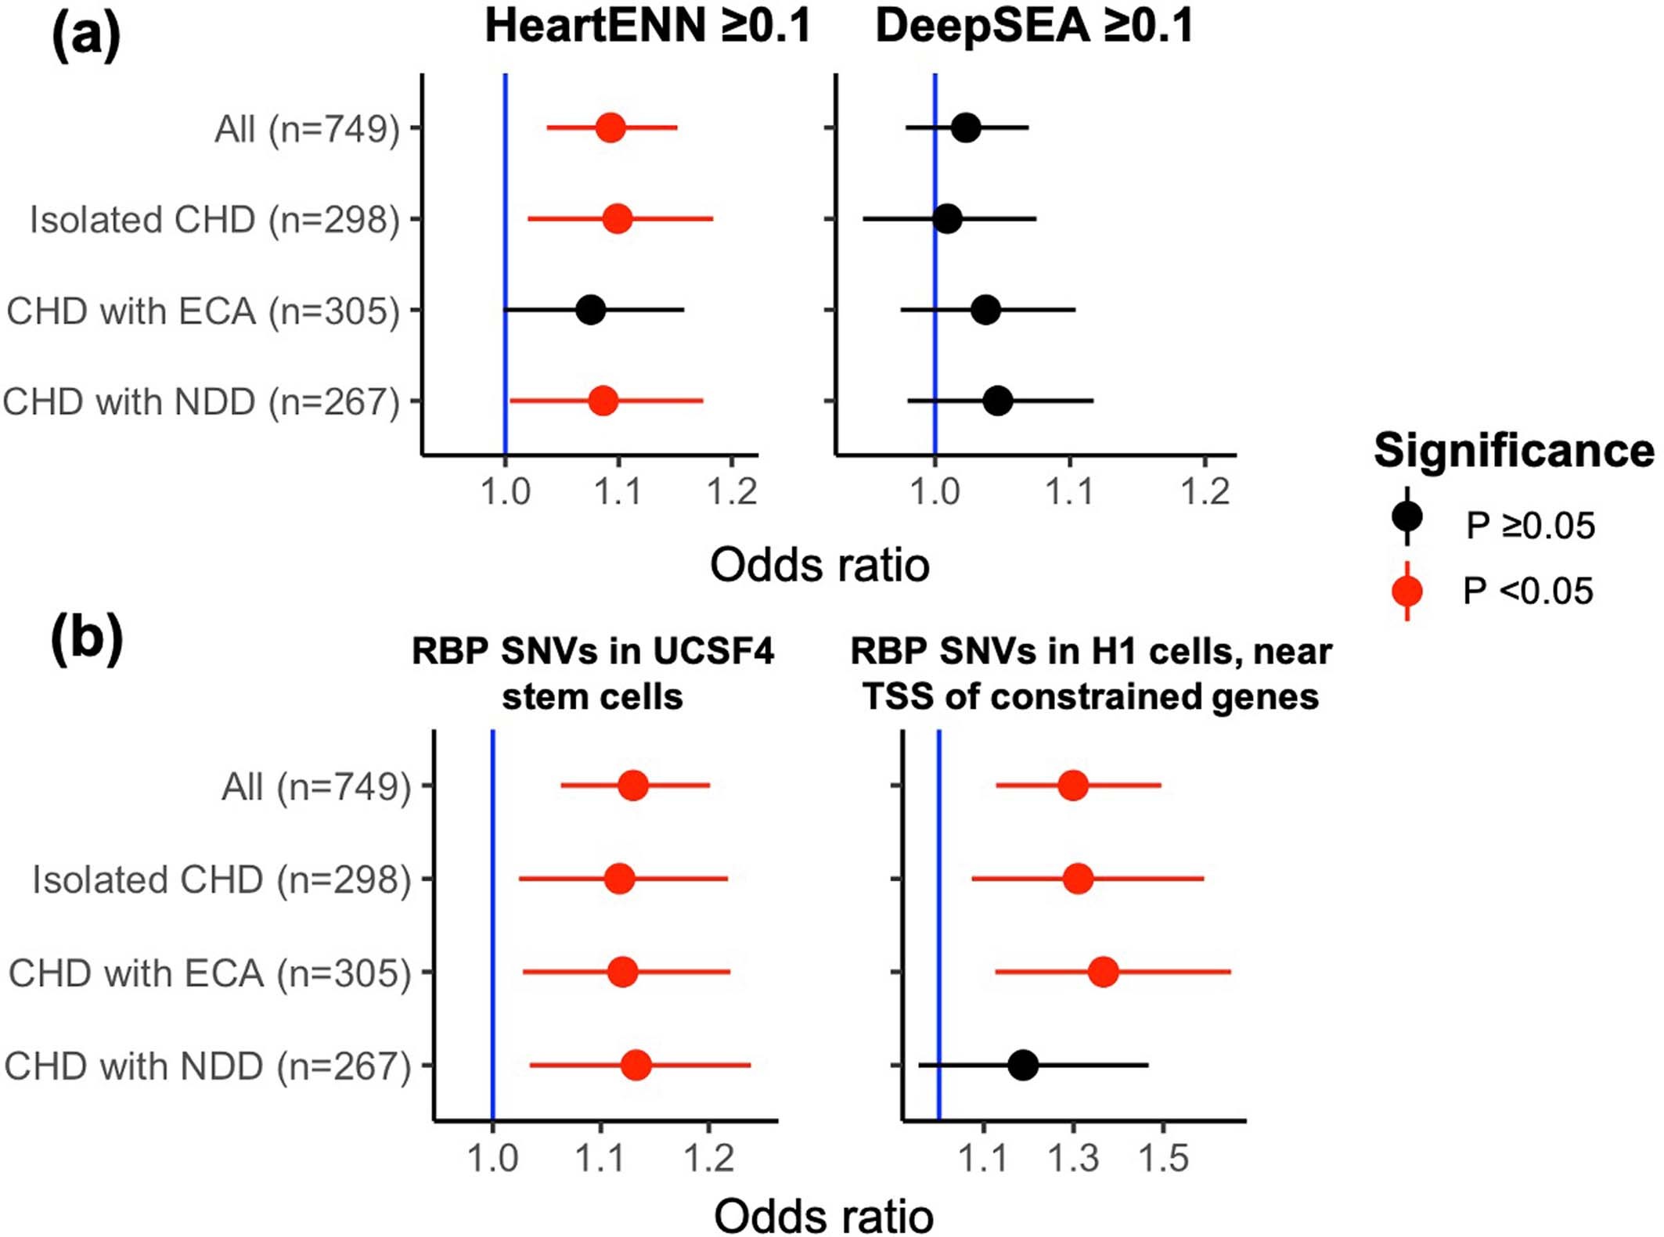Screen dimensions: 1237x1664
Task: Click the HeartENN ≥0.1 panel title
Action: (647, 26)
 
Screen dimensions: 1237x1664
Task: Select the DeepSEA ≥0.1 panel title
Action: (1034, 26)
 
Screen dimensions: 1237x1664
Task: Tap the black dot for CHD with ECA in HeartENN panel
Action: (591, 310)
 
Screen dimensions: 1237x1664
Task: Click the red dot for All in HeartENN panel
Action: (610, 128)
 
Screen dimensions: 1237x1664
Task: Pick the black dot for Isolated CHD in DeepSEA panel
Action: (947, 218)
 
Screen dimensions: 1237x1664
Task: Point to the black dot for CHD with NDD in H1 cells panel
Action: (1023, 1065)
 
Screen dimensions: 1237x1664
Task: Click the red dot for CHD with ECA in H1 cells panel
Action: (1104, 972)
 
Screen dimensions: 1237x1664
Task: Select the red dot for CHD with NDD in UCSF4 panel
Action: (636, 1065)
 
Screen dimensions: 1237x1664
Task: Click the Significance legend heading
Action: (1514, 451)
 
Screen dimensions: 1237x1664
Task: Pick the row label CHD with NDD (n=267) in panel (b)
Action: (207, 1066)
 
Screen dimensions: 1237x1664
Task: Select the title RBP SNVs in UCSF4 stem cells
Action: (592, 673)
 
